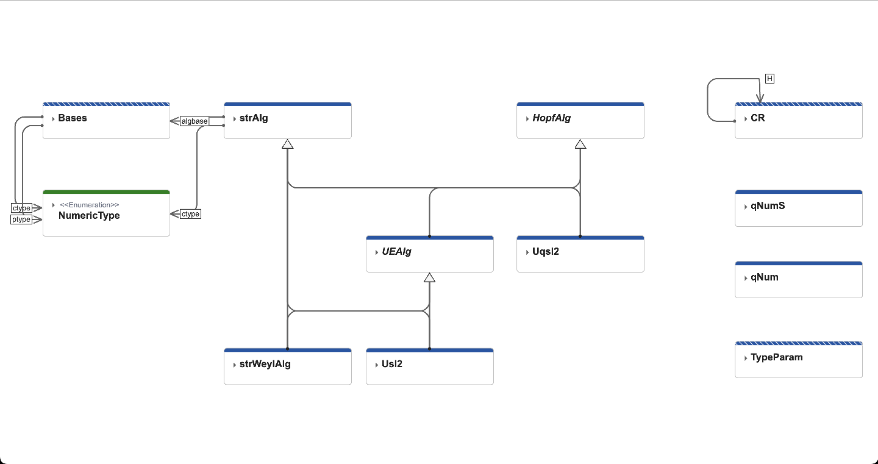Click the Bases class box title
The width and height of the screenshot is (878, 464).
pyautogui.click(x=73, y=118)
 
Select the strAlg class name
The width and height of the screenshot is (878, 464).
pyautogui.click(x=254, y=118)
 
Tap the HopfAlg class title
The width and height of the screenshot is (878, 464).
pyautogui.click(x=551, y=118)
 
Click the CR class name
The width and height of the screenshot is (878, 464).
pyautogui.click(x=757, y=118)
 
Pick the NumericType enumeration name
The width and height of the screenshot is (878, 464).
pyautogui.click(x=89, y=216)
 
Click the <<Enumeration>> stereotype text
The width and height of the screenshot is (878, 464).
pyautogui.click(x=89, y=205)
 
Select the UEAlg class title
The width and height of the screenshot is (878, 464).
pyautogui.click(x=396, y=252)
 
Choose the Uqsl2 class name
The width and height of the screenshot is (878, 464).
pyautogui.click(x=545, y=252)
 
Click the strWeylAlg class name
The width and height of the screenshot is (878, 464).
pyautogui.click(x=265, y=365)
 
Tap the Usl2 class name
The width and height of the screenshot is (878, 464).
pyautogui.click(x=392, y=365)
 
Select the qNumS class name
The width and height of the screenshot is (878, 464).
pyautogui.click(x=768, y=206)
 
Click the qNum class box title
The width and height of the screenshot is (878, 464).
pyautogui.click(x=764, y=277)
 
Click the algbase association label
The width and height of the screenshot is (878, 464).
pyautogui.click(x=195, y=121)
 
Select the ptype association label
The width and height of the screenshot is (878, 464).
pyautogui.click(x=21, y=220)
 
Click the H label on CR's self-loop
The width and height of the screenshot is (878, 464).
pyautogui.click(x=769, y=79)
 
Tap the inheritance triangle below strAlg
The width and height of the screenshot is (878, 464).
pyautogui.click(x=287, y=144)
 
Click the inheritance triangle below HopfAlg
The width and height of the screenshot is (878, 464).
pyautogui.click(x=580, y=144)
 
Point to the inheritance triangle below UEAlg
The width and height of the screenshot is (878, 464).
pyautogui.click(x=429, y=277)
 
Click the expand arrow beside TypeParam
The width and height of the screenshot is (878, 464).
pyautogui.click(x=746, y=359)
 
